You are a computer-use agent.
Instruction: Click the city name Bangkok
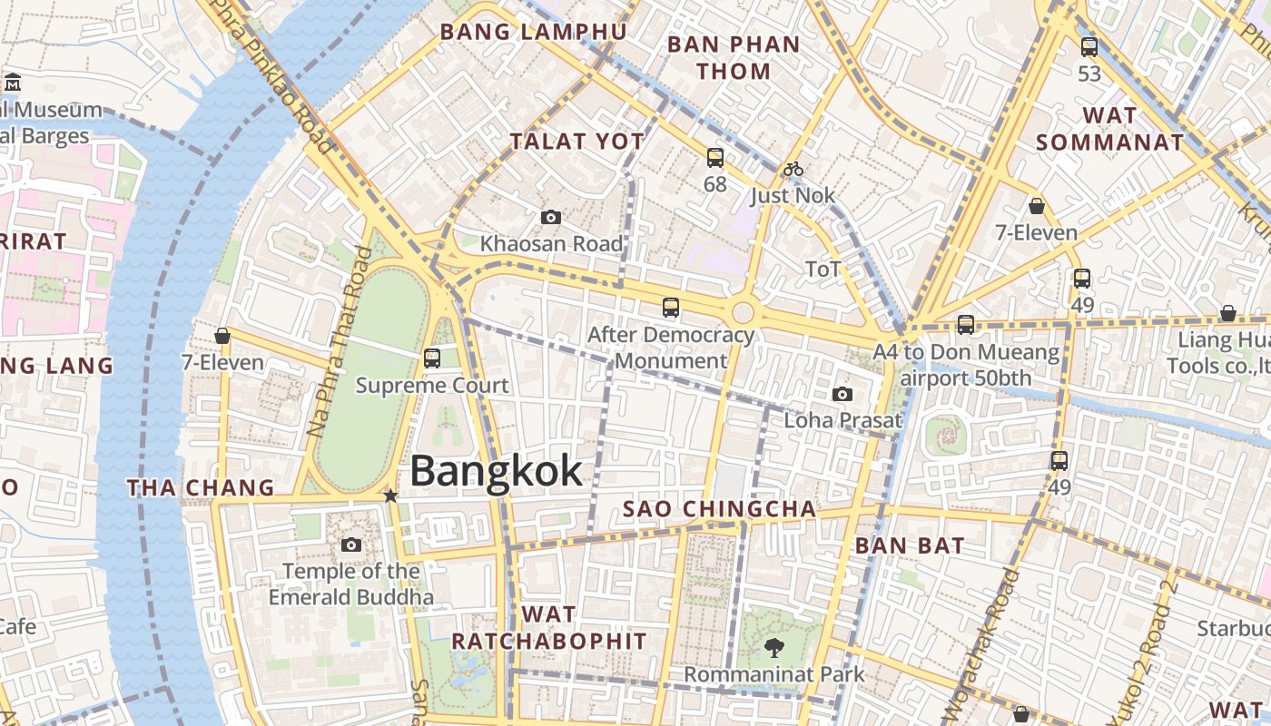click(x=496, y=472)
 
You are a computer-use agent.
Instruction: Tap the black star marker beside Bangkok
click(x=390, y=495)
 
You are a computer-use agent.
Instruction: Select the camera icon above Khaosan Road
click(x=550, y=217)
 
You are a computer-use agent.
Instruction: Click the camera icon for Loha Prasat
click(x=842, y=394)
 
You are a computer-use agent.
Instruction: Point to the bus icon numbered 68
click(x=715, y=158)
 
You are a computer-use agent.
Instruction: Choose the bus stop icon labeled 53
click(x=1089, y=47)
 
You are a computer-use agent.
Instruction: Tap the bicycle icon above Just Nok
click(x=793, y=169)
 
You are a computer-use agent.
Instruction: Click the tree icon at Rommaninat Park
click(x=773, y=648)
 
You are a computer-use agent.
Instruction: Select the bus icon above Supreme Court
click(x=432, y=358)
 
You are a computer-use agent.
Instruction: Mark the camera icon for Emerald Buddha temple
click(x=351, y=544)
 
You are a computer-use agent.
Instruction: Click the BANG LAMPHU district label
click(x=533, y=32)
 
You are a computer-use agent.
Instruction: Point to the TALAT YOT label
click(x=576, y=142)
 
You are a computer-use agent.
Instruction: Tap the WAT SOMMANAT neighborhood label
click(x=1109, y=129)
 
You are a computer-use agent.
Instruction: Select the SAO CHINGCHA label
click(x=719, y=509)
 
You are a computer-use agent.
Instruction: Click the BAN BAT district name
click(x=910, y=545)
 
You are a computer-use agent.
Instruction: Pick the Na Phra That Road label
click(x=340, y=340)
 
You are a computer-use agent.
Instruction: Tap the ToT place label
click(x=823, y=270)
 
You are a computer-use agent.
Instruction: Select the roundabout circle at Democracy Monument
click(x=743, y=313)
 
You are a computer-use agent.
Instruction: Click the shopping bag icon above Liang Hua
click(x=1227, y=313)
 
